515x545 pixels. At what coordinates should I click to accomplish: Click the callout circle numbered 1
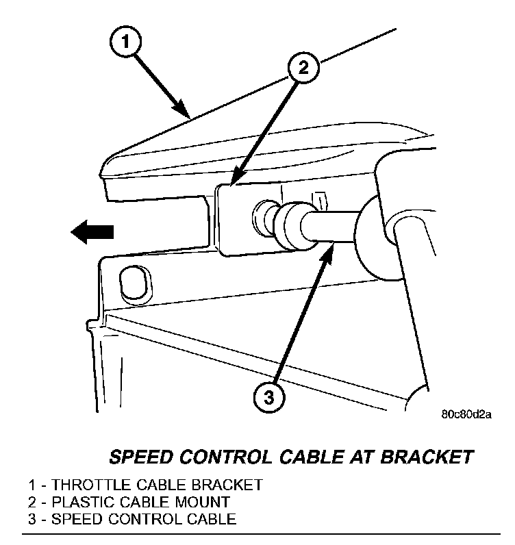[125, 43]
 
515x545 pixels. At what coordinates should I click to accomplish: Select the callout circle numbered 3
[269, 395]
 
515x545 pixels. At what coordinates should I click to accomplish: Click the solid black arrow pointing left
[92, 232]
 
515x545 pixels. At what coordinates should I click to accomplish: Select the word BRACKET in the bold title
[436, 456]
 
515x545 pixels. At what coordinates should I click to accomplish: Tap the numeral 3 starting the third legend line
[32, 518]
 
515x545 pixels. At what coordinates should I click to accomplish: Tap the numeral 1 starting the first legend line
[32, 485]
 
